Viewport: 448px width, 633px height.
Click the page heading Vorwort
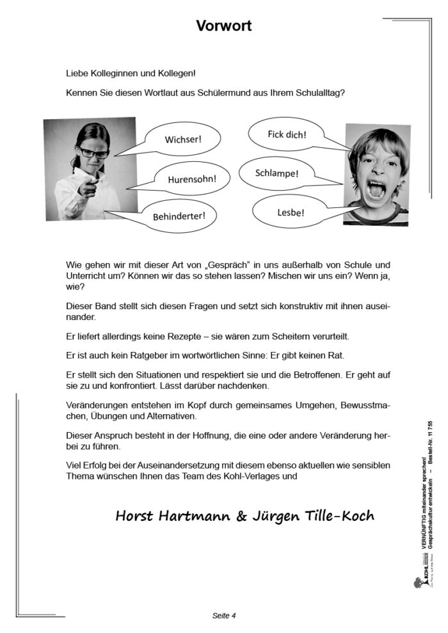tap(223, 26)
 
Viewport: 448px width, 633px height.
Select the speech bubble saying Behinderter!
tap(179, 215)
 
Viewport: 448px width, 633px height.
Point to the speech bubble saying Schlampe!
tap(276, 173)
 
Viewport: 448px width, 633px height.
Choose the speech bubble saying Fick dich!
tap(287, 134)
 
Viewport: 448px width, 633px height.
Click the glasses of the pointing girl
tap(93, 152)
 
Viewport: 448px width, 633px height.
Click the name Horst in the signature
tap(136, 516)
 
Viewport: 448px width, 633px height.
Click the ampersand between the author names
tap(241, 516)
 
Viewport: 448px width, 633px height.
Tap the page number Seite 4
tap(224, 616)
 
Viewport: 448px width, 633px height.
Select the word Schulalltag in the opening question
tap(317, 92)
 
